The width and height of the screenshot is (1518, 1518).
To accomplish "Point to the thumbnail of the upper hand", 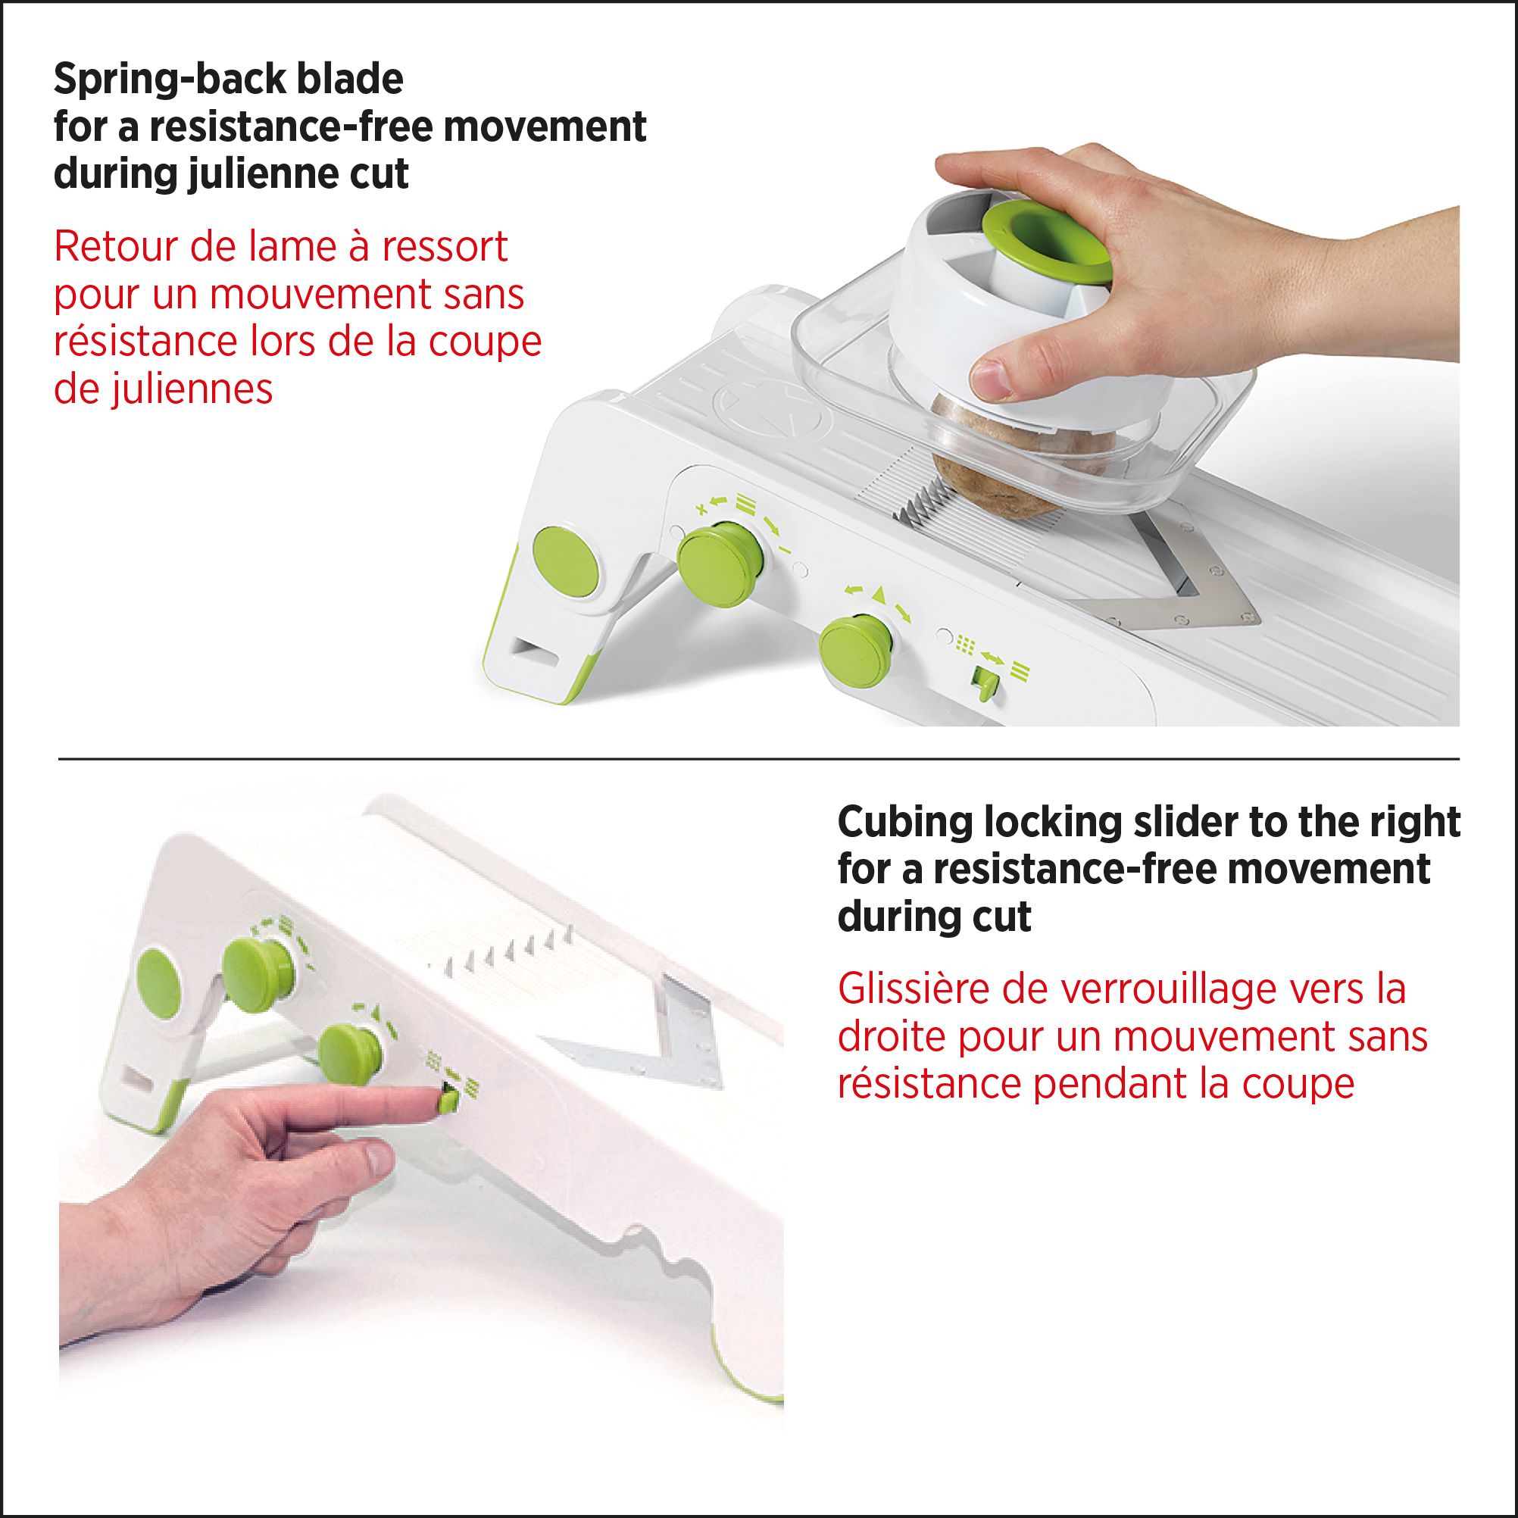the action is tap(994, 379).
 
